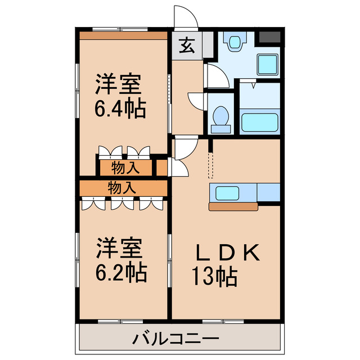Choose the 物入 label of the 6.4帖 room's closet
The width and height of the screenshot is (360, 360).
tap(125, 168)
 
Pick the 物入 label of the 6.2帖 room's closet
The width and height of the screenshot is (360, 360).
tap(121, 187)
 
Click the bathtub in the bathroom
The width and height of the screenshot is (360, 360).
tap(259, 123)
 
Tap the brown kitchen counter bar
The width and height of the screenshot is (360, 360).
tap(233, 206)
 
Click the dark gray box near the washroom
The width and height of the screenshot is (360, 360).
tap(268, 39)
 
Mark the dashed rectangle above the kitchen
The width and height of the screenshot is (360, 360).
tap(211, 163)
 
